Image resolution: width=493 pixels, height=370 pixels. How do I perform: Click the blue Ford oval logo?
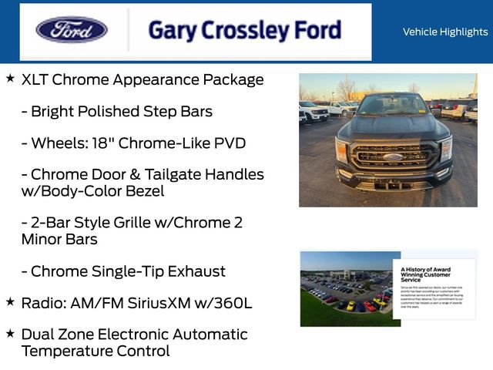pos(72,30)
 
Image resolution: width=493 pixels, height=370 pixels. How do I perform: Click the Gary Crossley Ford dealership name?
pos(244,30)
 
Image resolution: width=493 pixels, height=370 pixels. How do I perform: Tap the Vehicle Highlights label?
pos(444,32)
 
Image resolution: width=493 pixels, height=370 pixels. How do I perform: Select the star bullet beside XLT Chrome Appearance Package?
pos(10,79)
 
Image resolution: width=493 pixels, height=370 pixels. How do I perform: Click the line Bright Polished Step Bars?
pos(116,112)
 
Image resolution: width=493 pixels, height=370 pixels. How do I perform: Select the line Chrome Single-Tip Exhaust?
pos(123,271)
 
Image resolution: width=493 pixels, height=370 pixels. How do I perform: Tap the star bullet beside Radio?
pos(10,302)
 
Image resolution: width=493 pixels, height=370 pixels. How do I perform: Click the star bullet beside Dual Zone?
pos(10,334)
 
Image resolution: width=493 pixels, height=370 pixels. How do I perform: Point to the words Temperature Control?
pos(95,351)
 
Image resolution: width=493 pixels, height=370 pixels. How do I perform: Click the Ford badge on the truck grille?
pos(393,156)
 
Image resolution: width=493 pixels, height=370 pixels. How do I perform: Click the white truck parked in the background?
pos(314,111)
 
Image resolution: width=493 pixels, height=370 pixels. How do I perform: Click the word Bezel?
pos(142,191)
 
